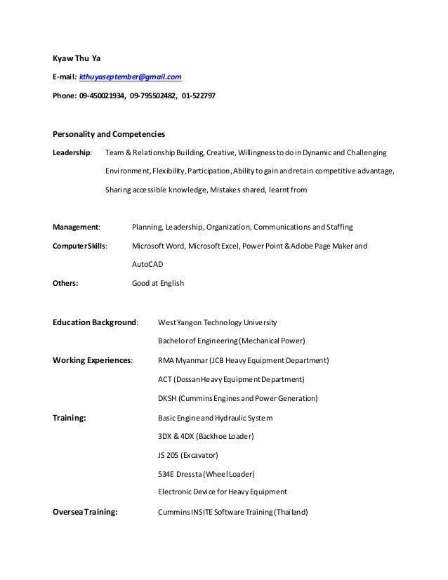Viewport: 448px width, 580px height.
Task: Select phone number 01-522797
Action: point(199,94)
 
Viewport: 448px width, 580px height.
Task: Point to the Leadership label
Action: point(72,152)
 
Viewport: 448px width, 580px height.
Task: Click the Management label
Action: point(77,228)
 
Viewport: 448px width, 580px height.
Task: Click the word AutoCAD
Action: point(149,265)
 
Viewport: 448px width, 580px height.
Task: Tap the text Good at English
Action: point(158,284)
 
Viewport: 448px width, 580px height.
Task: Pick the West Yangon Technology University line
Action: point(218,323)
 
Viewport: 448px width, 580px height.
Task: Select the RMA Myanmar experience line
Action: point(244,361)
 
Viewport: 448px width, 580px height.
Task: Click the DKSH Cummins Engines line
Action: point(238,398)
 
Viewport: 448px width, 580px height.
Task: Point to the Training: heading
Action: point(70,417)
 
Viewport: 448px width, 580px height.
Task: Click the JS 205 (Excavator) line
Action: point(188,455)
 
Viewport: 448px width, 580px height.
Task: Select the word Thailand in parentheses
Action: point(290,512)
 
